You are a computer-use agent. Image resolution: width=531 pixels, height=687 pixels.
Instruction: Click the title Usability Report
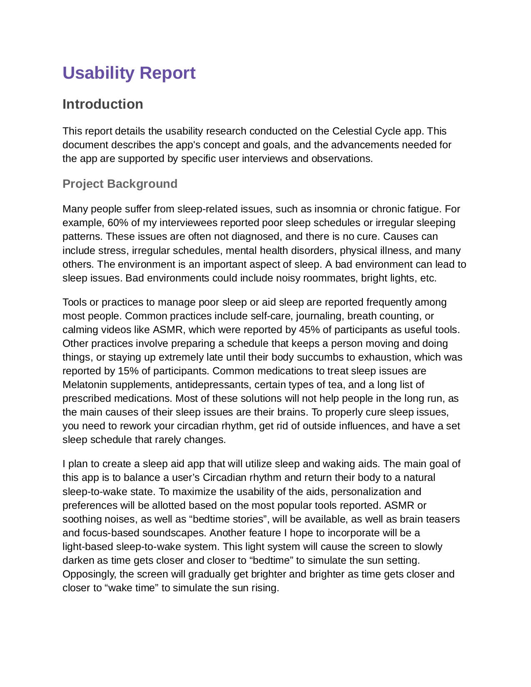pos(129,73)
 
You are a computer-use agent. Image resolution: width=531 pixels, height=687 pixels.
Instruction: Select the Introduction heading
pos(102,104)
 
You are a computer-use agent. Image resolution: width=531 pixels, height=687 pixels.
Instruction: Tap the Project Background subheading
pos(120,184)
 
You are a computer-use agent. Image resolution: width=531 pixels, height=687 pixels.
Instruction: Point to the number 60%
pos(118,223)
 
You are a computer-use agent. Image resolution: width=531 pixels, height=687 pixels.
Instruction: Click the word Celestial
pos(352,131)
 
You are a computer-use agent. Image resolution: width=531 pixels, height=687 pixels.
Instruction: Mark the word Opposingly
pos(89,574)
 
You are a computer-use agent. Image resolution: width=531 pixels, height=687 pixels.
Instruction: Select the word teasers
pos(443,519)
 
